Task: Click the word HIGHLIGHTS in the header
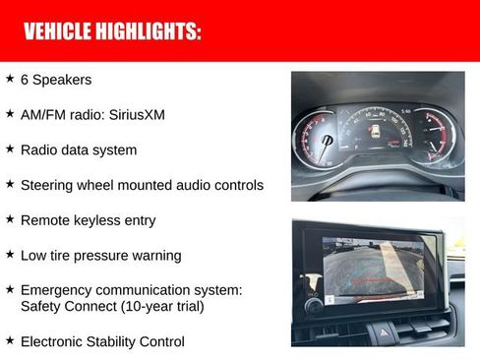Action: [x=149, y=32]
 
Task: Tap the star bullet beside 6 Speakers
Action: [x=10, y=79]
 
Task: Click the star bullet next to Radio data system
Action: [x=10, y=150]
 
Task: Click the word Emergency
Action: [x=58, y=290]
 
